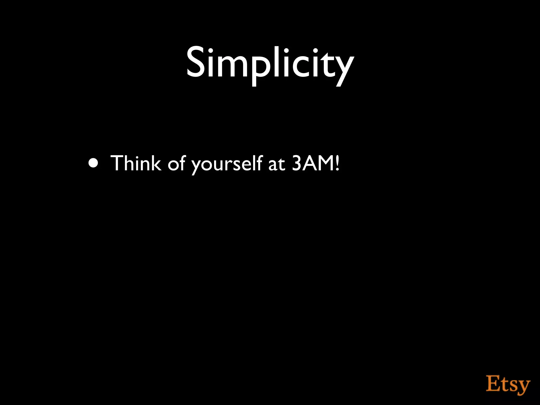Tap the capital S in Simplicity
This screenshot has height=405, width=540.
[196, 63]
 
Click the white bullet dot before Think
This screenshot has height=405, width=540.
[94, 163]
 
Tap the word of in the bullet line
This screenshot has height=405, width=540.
[176, 163]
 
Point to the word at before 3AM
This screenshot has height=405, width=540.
[277, 164]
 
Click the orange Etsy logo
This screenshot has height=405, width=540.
[508, 384]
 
